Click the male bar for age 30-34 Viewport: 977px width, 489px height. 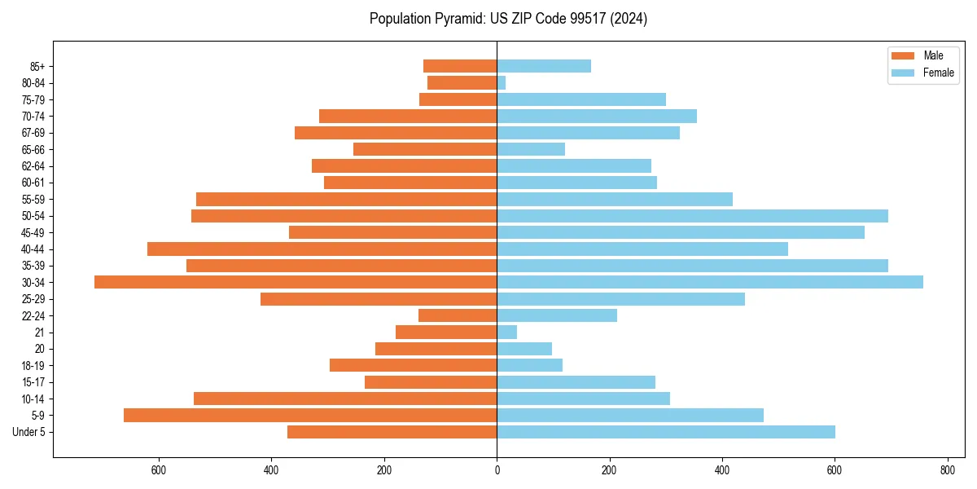(x=296, y=282)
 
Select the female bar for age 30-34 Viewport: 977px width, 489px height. (x=710, y=282)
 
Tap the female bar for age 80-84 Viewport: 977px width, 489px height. (x=502, y=82)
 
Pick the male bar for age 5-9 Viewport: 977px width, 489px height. (x=310, y=415)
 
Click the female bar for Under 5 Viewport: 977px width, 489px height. (x=666, y=432)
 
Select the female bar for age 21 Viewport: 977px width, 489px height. (x=507, y=332)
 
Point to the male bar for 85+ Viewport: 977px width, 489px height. (x=460, y=66)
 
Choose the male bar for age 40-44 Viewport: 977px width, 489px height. (x=322, y=249)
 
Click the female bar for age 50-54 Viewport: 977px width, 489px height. (x=692, y=215)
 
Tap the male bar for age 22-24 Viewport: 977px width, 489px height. (x=458, y=315)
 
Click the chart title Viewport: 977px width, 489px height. (x=508, y=19)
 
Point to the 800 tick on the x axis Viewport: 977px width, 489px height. (x=947, y=470)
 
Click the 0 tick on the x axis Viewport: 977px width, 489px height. (x=497, y=470)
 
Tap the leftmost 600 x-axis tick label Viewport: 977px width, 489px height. (x=159, y=470)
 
